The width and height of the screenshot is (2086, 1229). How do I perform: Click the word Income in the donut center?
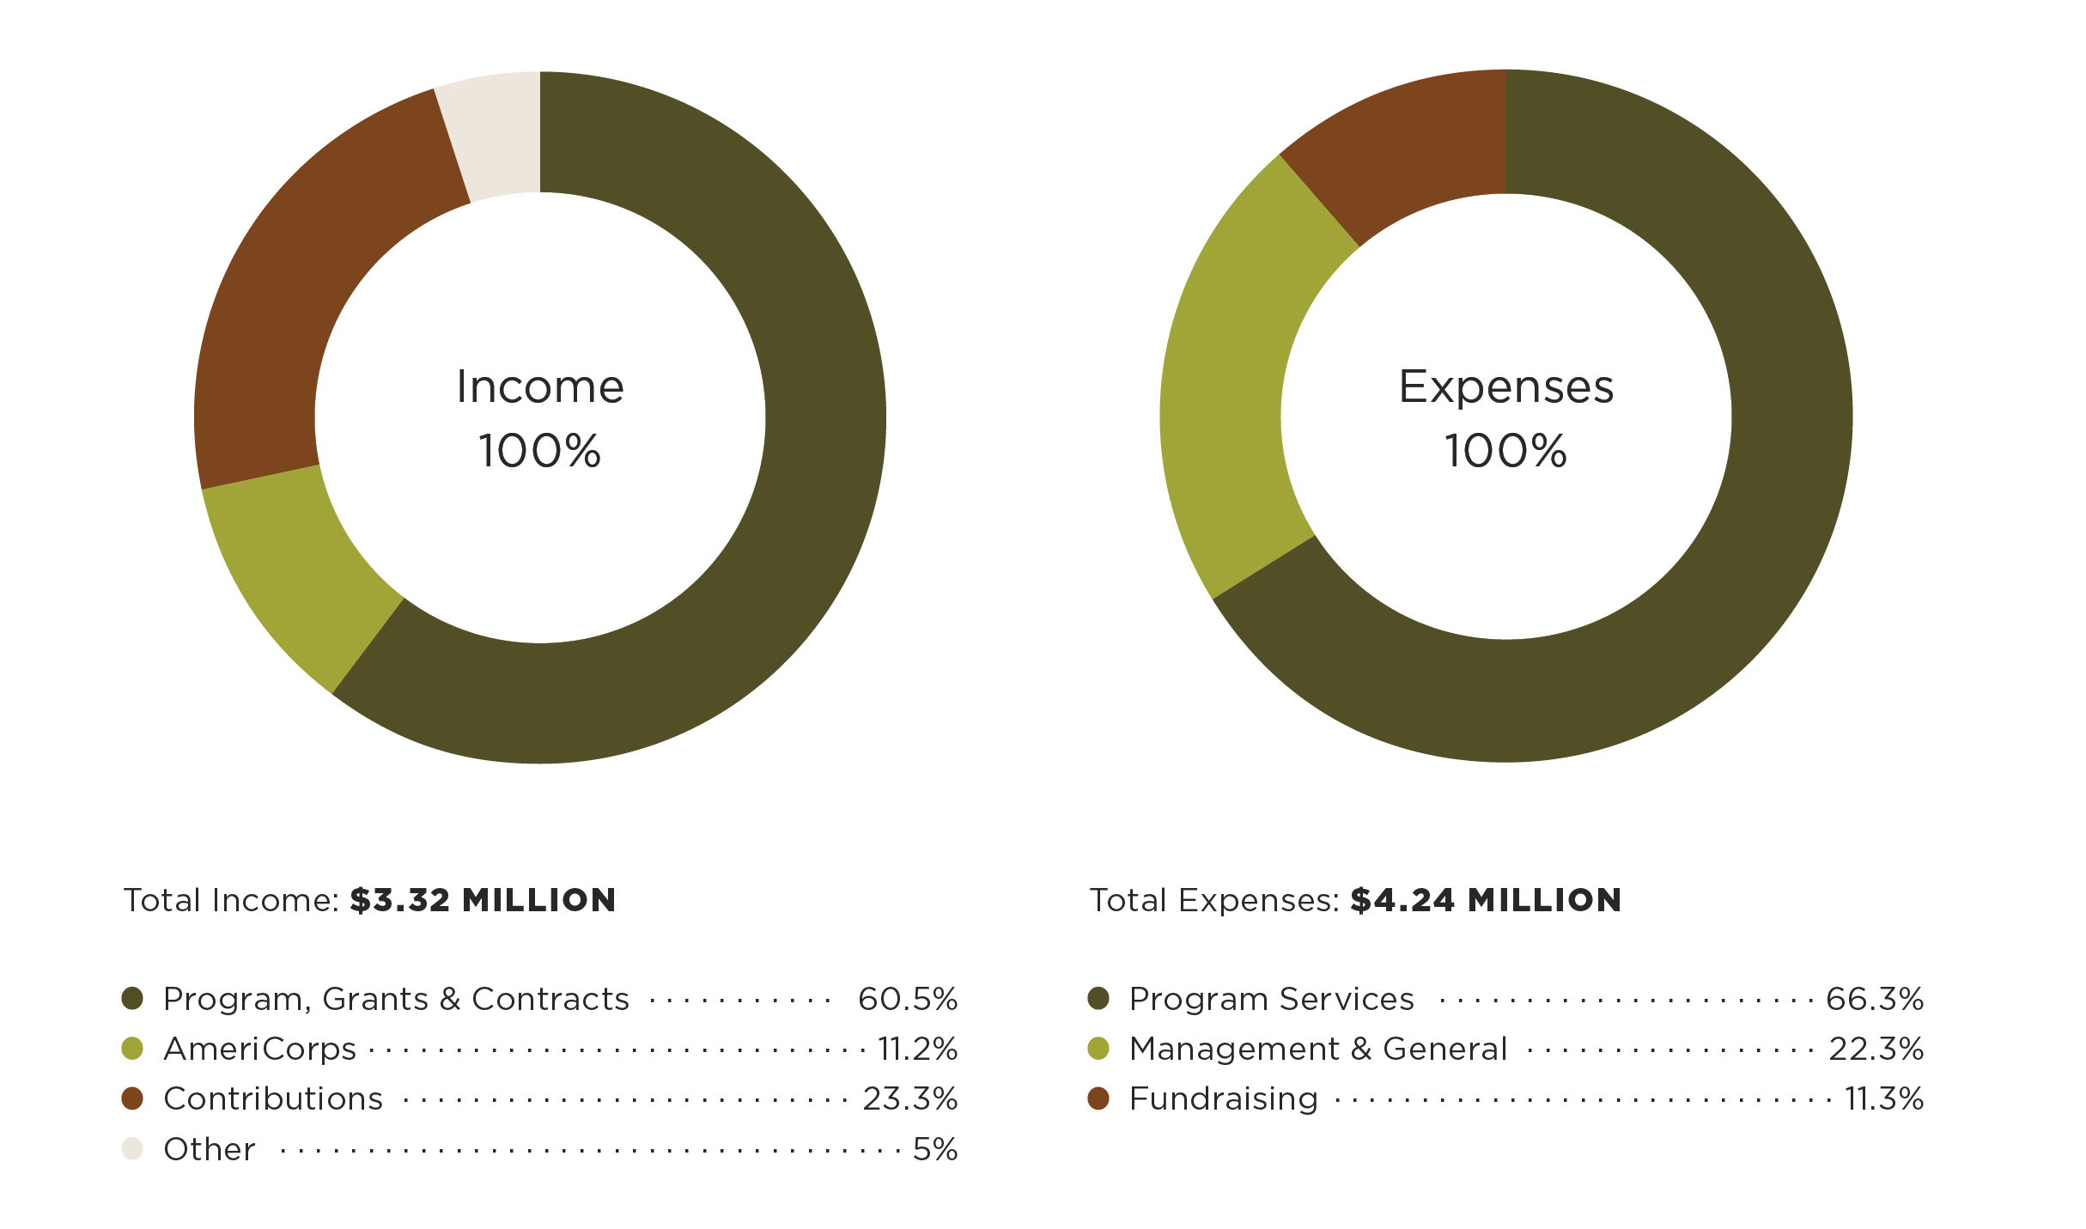click(x=540, y=386)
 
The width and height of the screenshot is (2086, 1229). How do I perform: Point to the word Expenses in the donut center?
click(x=1506, y=386)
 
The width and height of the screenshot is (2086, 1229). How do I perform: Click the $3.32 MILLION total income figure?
click(x=483, y=900)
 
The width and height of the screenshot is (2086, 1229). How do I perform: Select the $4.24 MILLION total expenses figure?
click(x=1486, y=900)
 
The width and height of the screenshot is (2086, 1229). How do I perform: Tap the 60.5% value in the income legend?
click(x=908, y=999)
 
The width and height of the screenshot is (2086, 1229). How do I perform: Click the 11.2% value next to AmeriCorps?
click(x=917, y=1049)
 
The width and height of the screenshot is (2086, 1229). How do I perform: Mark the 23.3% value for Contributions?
click(x=910, y=1098)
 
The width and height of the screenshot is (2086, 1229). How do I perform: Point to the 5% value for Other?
click(x=935, y=1149)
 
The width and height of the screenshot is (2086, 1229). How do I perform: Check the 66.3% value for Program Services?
click(x=1875, y=999)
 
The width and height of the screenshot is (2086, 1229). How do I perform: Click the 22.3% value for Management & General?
click(x=1876, y=1049)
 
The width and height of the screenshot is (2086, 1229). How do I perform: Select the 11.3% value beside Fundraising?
click(x=1884, y=1098)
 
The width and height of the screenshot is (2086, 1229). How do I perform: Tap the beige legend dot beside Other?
click(x=132, y=1148)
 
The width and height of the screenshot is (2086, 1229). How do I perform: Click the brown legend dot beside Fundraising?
click(x=1098, y=1098)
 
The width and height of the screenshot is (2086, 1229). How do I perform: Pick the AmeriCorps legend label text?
click(x=259, y=1049)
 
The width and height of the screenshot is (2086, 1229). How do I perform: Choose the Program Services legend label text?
click(x=1271, y=999)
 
